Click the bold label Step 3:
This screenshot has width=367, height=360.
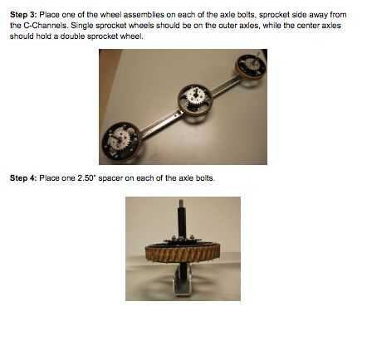coord(23,15)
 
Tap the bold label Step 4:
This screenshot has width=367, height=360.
coord(23,178)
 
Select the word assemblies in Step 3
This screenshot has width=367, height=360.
coord(144,15)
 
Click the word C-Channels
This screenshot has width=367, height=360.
coord(44,26)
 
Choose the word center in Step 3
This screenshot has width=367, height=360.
coord(306,26)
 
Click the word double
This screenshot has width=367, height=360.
coord(72,36)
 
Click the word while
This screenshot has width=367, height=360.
coord(272,26)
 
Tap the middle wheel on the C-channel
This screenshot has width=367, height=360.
coord(194,100)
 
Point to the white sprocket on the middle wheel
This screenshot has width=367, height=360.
coord(194,95)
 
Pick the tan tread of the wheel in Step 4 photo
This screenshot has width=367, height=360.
coord(183,254)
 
